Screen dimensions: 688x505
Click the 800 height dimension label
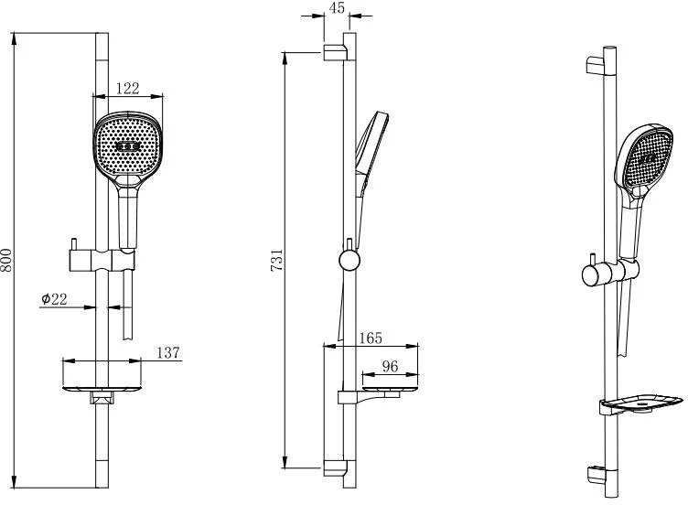[x=6, y=260]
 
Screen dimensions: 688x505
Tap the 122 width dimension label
[x=128, y=88]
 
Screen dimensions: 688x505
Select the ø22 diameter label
[x=54, y=299]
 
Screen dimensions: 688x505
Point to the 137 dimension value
[x=168, y=352]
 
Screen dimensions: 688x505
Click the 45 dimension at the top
[x=337, y=7]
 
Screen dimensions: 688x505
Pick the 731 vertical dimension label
[x=277, y=260]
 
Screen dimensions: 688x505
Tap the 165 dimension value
[x=371, y=338]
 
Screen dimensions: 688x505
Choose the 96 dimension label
[x=390, y=366]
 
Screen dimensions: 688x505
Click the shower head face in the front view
[x=127, y=145]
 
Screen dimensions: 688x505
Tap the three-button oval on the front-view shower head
[x=128, y=146]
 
